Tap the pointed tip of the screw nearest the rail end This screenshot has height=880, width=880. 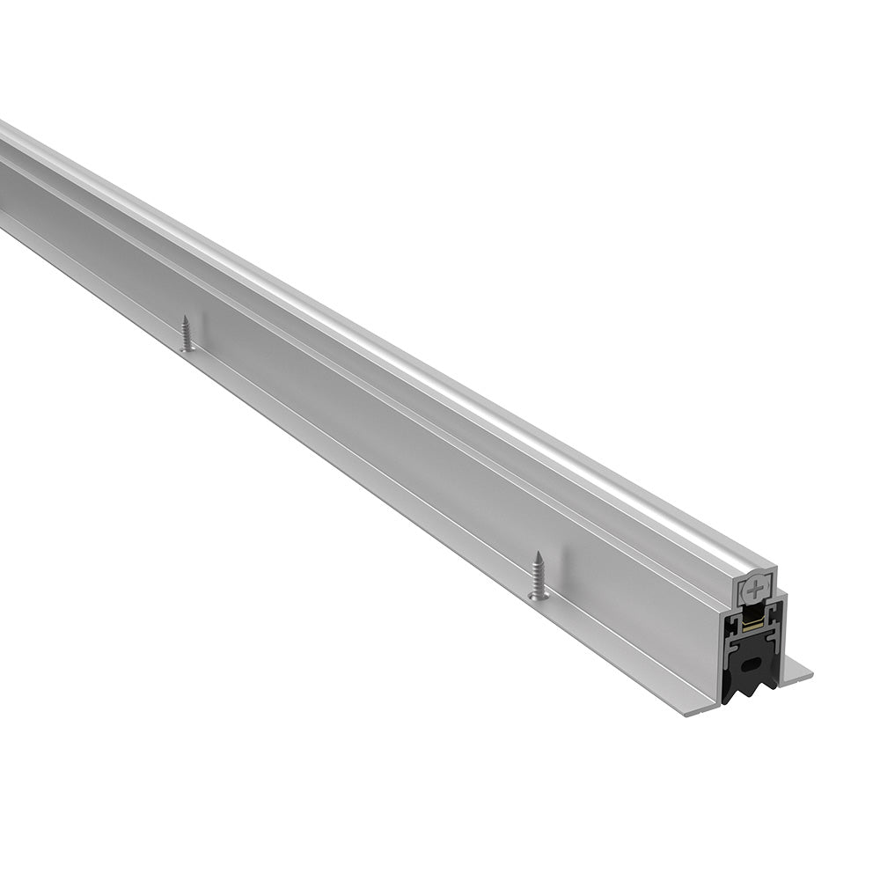pyautogui.click(x=536, y=555)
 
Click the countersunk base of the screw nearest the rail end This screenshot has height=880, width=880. pyautogui.click(x=539, y=597)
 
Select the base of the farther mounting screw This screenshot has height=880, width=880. pyautogui.click(x=187, y=348)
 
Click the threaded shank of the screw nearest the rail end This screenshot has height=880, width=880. pyautogui.click(x=538, y=576)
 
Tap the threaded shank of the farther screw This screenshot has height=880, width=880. pyautogui.click(x=187, y=333)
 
